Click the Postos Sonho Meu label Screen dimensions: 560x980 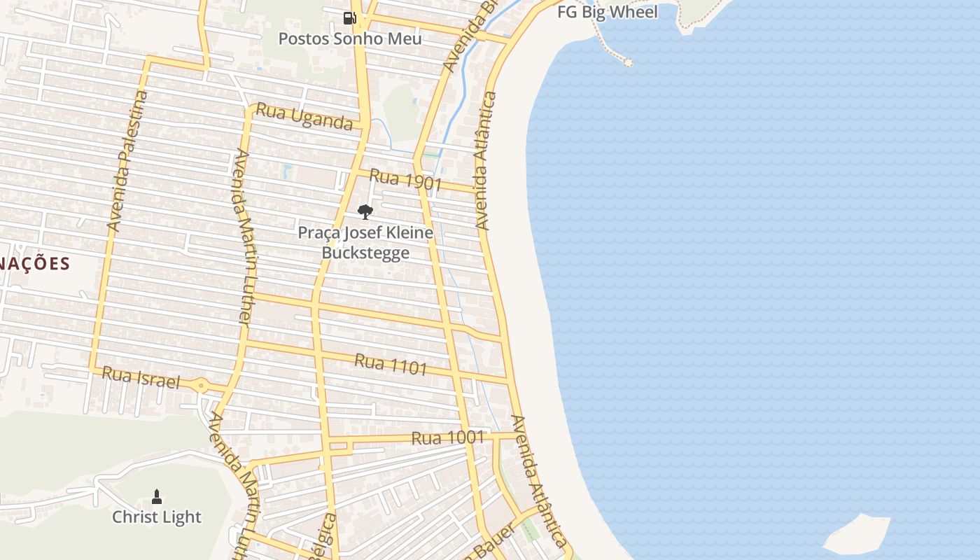350,38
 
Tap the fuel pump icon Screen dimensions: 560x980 349,18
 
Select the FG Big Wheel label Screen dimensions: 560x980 608,12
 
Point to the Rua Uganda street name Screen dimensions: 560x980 304,117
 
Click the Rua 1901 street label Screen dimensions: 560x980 405,180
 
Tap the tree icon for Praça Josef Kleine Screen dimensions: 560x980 365,211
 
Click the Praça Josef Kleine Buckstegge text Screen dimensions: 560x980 365,242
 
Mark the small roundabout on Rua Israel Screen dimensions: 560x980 201,384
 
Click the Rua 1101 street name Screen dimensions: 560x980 391,364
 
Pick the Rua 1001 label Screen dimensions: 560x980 448,438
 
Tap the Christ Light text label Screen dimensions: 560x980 157,517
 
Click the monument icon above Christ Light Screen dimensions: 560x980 157,497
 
